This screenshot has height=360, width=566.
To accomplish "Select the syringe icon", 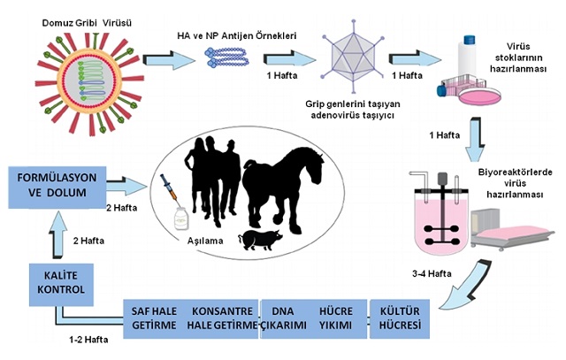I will coord(167,188).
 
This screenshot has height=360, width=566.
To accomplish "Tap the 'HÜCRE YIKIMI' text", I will coord(337,320).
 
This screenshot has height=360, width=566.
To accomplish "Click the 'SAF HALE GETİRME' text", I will coord(152,320).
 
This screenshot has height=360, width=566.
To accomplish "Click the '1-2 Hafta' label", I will coord(89,339).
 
